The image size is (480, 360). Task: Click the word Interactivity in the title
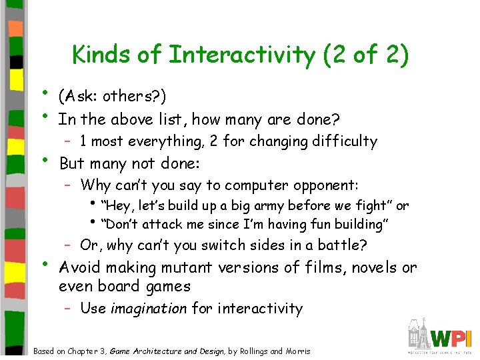(x=241, y=55)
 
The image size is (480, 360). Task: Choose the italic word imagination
(x=149, y=309)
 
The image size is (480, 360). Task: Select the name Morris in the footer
(x=297, y=351)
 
